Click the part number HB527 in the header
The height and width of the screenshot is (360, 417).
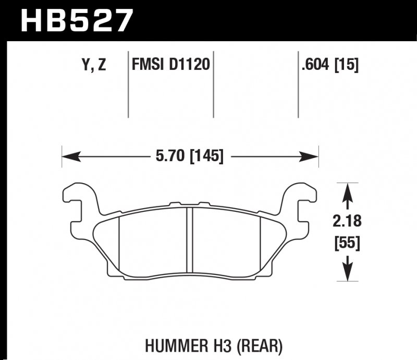click(x=77, y=21)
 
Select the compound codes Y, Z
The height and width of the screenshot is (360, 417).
click(x=94, y=65)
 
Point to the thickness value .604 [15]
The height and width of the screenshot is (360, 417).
click(x=329, y=65)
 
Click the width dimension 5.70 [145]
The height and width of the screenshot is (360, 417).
click(x=190, y=155)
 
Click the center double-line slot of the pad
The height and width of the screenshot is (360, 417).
click(x=190, y=240)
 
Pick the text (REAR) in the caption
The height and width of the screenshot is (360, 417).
click(x=264, y=346)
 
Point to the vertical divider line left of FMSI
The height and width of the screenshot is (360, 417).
click(x=128, y=83)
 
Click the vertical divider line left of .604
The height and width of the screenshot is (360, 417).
click(x=298, y=83)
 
